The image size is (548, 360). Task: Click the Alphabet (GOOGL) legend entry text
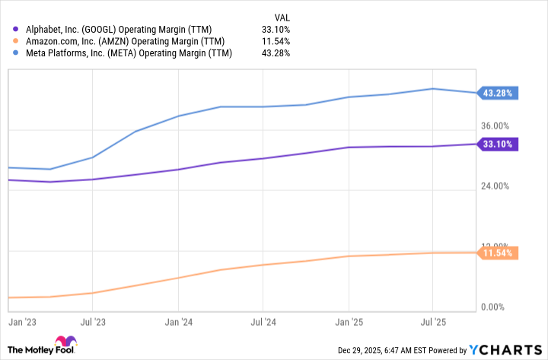pyautogui.click(x=122, y=28)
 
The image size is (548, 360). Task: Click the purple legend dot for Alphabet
pyautogui.click(x=17, y=28)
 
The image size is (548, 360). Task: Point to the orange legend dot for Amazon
pyautogui.click(x=17, y=40)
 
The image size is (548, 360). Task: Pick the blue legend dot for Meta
pyautogui.click(x=17, y=53)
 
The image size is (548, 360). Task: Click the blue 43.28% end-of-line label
pyautogui.click(x=498, y=93)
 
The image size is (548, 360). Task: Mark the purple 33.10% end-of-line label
pyautogui.click(x=498, y=144)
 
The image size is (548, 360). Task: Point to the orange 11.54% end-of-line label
pyautogui.click(x=498, y=252)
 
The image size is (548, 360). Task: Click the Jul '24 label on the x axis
pyautogui.click(x=263, y=323)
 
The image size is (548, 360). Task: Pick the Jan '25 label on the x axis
pyautogui.click(x=348, y=323)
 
